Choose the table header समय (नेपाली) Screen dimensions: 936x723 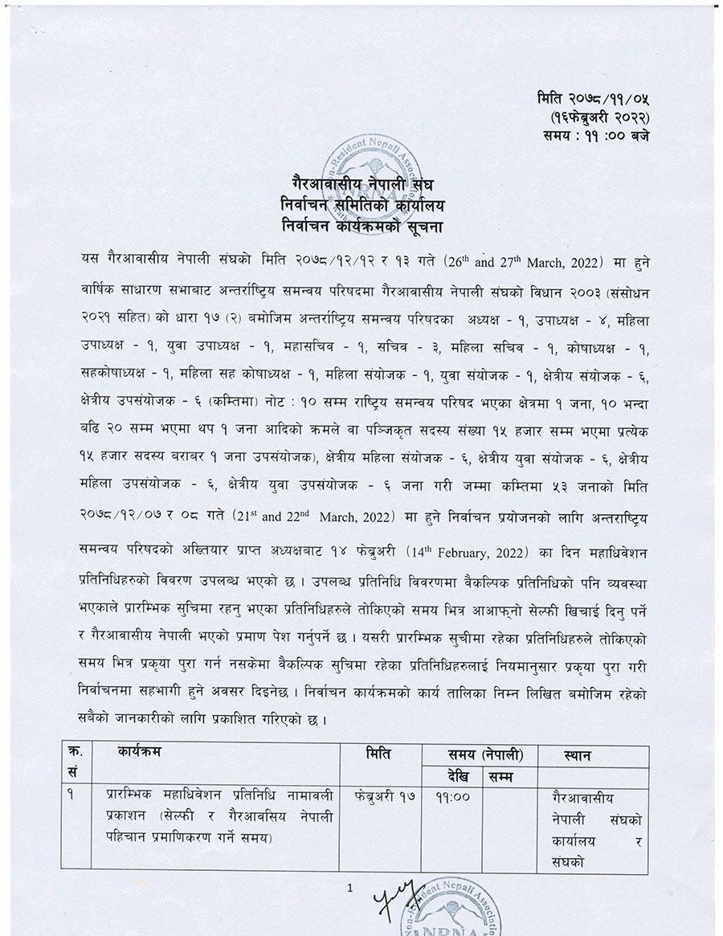pos(485,755)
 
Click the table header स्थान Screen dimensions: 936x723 pos(578,755)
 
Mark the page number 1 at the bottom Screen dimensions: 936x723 pos(349,888)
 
